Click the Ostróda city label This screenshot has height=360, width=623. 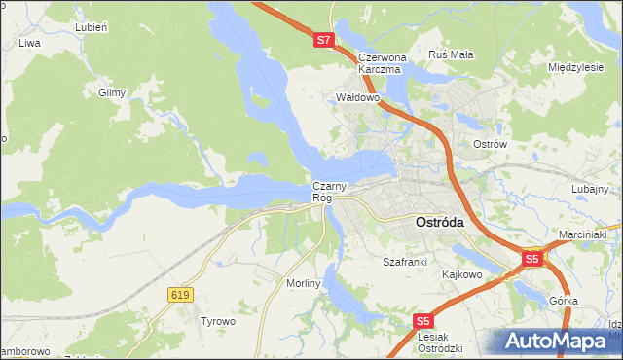(440, 222)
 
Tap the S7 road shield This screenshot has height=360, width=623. (325, 41)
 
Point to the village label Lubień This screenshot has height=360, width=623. (89, 27)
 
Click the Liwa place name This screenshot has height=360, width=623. (29, 44)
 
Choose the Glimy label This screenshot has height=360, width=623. (113, 92)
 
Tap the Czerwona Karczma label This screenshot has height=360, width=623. (380, 63)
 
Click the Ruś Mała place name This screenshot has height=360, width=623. (451, 54)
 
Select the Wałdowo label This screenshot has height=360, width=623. (356, 98)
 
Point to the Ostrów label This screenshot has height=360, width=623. (491, 144)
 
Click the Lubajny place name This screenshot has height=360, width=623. (590, 189)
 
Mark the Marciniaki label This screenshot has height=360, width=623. (583, 235)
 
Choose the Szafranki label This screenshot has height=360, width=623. (405, 263)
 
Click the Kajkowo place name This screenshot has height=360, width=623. (462, 274)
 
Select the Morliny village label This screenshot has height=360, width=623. (303, 282)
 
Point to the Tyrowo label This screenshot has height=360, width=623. (218, 321)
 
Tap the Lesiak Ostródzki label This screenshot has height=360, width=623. (438, 342)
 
